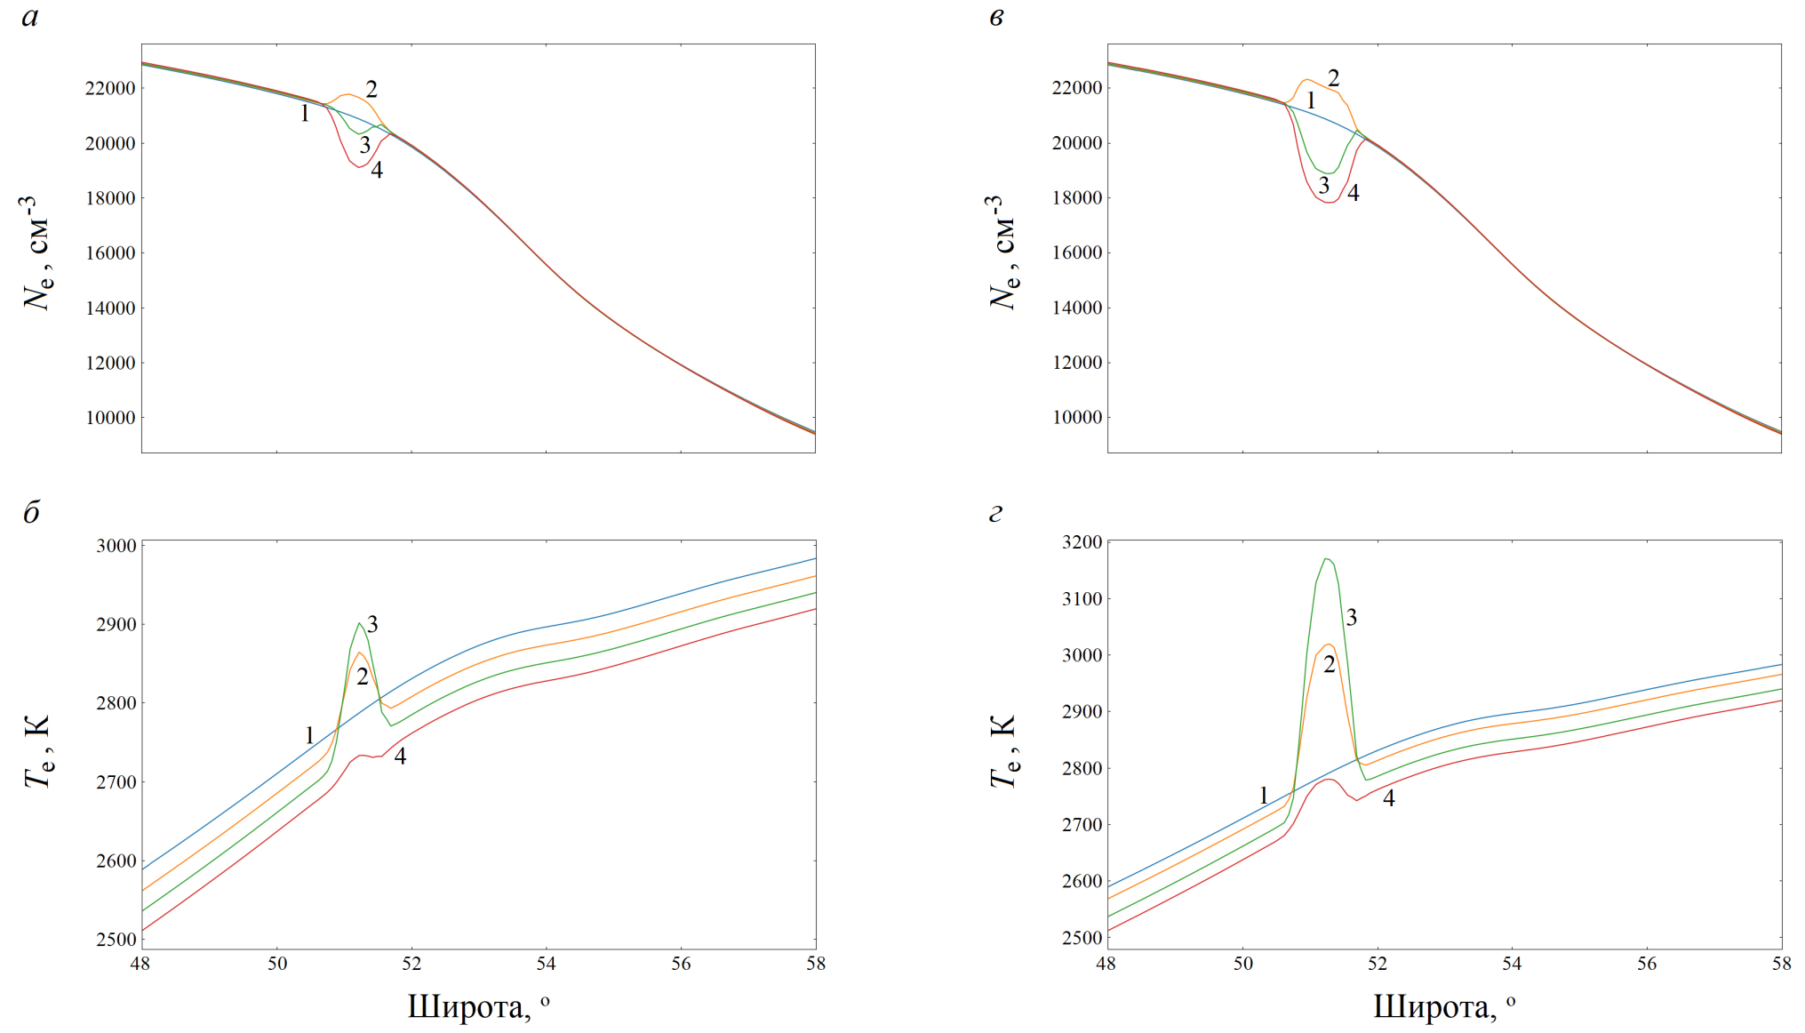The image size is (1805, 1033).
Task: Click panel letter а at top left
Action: pyautogui.click(x=30, y=17)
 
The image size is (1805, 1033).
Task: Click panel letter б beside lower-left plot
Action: pyautogui.click(x=31, y=513)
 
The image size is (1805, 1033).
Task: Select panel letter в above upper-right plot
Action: pyautogui.click(x=996, y=17)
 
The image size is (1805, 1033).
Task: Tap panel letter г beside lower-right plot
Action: pyautogui.click(x=995, y=513)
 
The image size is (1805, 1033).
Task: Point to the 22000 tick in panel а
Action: pyautogui.click(x=110, y=88)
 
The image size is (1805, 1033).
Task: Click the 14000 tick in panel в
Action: pyautogui.click(x=1076, y=308)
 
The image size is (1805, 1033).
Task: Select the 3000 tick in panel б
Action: pyautogui.click(x=116, y=546)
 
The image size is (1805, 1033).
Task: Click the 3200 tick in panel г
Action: pyautogui.click(x=1082, y=542)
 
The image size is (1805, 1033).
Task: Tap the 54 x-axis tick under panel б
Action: pyautogui.click(x=546, y=964)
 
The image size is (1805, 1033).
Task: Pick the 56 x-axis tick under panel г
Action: pyautogui.click(x=1647, y=964)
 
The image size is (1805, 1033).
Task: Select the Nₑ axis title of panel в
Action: pyautogui.click(x=1002, y=252)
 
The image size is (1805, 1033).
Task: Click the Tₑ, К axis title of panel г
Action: pyautogui.click(x=1002, y=751)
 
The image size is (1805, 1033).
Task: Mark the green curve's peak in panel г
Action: pyautogui.click(x=1325, y=559)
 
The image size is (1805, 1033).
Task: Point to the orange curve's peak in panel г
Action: pyautogui.click(x=1329, y=645)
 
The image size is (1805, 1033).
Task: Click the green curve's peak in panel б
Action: pyautogui.click(x=359, y=623)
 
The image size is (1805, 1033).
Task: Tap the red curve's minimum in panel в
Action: pyautogui.click(x=1329, y=203)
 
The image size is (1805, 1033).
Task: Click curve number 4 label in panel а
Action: pyautogui.click(x=377, y=171)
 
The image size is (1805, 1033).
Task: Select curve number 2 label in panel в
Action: pyautogui.click(x=1333, y=78)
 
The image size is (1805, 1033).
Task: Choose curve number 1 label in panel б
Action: pyautogui.click(x=309, y=735)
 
